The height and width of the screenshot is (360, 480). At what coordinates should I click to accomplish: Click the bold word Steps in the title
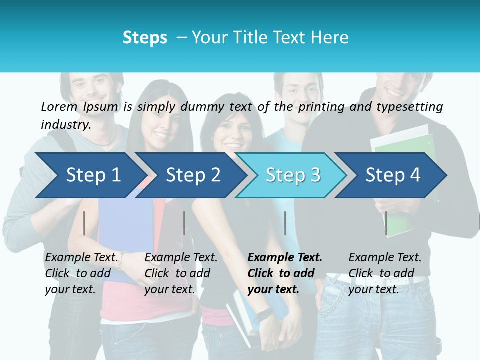pos(145,38)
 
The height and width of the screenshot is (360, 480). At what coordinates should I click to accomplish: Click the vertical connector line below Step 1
pos(84,223)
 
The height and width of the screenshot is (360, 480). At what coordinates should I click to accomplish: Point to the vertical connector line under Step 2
pos(184,223)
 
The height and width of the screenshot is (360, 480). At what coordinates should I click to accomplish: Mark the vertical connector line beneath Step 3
pos(285,223)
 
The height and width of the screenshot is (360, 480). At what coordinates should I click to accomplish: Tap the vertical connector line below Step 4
pos(386,223)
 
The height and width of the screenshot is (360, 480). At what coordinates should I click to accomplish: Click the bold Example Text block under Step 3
pos(285,273)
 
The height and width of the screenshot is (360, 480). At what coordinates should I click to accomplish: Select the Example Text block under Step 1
pos(82,273)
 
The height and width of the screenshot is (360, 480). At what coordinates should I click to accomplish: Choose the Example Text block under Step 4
pos(385,273)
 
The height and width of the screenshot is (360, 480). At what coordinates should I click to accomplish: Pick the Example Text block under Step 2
pos(181,273)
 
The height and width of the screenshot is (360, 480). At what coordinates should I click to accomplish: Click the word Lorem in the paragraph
pos(59,106)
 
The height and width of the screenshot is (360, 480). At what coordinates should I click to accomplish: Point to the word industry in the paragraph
pos(65,124)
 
